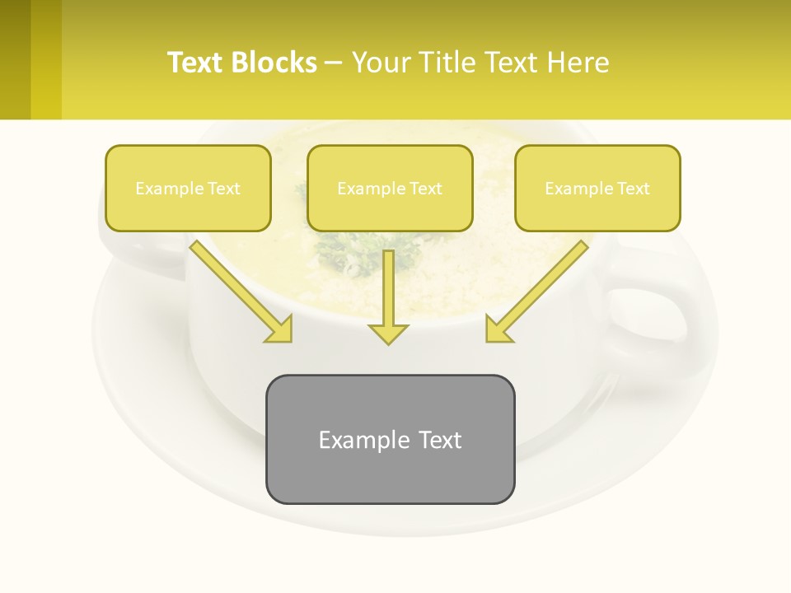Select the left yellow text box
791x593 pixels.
pos(188,188)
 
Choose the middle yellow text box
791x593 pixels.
pos(390,188)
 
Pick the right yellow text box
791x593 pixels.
pos(597,188)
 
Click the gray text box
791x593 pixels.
pos(390,439)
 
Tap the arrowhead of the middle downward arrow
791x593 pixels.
pos(388,333)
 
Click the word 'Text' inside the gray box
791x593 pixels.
pos(440,440)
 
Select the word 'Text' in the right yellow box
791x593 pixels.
pos(633,189)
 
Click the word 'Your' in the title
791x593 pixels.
pos(381,63)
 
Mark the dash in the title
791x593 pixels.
pos(334,63)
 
